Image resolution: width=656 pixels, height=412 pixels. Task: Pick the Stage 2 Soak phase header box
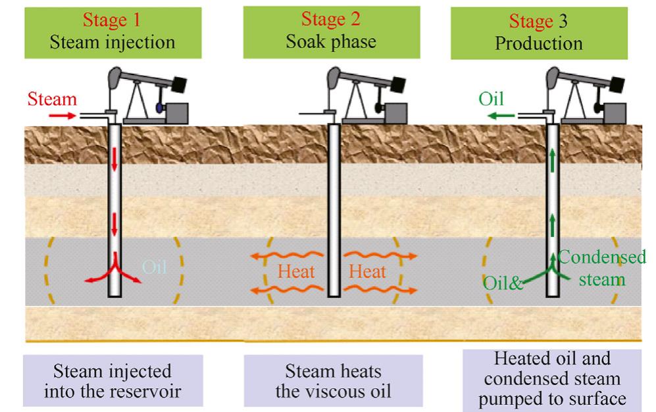331,31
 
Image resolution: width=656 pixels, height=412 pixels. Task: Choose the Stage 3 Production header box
547,31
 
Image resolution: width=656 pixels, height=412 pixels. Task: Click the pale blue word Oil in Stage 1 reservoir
155,269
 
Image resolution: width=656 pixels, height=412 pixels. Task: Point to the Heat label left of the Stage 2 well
296,271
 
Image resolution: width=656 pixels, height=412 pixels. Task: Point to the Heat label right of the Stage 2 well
368,271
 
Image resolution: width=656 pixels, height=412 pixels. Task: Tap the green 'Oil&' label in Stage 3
503,284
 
